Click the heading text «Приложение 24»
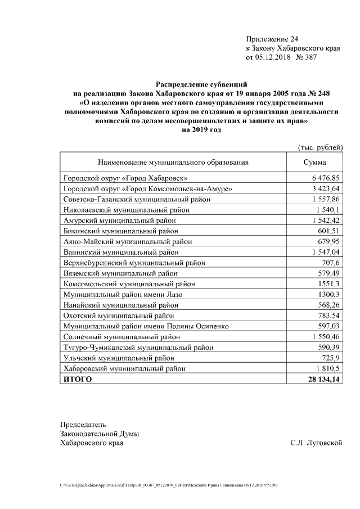pyautogui.click(x=272, y=39)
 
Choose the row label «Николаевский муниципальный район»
pyautogui.click(x=128, y=209)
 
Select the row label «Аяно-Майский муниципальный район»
pyautogui.click(x=129, y=241)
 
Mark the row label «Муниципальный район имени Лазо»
pyautogui.click(x=123, y=294)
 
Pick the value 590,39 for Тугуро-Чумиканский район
pyautogui.click(x=328, y=348)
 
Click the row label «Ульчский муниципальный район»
pyautogui.click(x=118, y=358)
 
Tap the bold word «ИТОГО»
pyautogui.click(x=78, y=379)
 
